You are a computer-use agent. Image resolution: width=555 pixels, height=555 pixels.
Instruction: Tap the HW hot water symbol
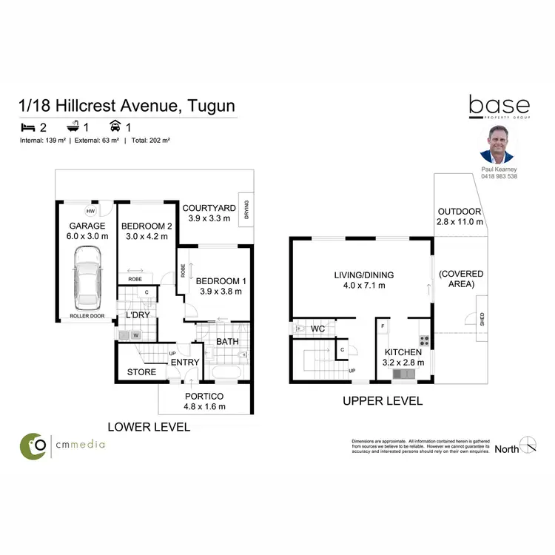tap(89, 209)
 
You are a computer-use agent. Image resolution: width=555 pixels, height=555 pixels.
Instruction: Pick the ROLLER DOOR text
tap(87, 316)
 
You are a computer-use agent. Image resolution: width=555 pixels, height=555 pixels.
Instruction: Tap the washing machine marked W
tap(135, 334)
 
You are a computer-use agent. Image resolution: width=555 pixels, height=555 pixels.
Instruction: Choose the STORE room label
tap(142, 371)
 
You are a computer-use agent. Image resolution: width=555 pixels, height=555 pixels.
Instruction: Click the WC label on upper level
tap(318, 327)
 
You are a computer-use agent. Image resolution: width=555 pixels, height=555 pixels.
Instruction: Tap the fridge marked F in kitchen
tap(383, 326)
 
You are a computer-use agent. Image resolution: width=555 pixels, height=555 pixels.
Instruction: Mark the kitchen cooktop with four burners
tap(425, 341)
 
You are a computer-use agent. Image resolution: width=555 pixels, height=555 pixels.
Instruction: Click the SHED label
tap(482, 319)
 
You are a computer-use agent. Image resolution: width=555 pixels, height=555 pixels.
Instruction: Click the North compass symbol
tap(528, 445)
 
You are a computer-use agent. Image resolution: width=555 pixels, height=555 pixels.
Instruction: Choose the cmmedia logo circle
tap(33, 445)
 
